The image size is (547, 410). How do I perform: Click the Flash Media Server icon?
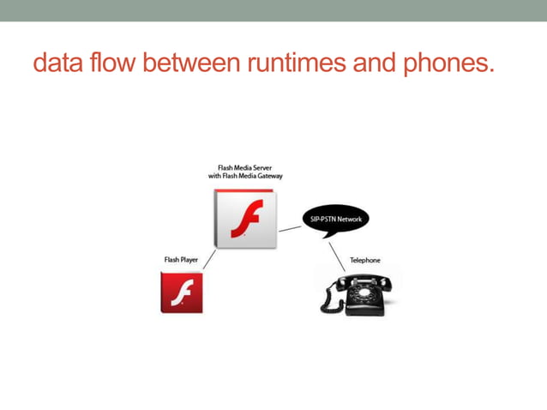click(x=244, y=219)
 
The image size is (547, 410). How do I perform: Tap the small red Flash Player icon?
click(x=182, y=292)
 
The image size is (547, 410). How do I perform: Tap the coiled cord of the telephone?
click(x=328, y=301)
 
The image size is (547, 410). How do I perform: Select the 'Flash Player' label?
click(x=181, y=259)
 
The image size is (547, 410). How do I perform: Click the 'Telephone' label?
click(x=364, y=260)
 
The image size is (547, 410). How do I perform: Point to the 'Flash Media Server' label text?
click(x=244, y=167)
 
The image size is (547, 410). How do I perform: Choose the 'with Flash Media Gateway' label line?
click(x=245, y=176)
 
